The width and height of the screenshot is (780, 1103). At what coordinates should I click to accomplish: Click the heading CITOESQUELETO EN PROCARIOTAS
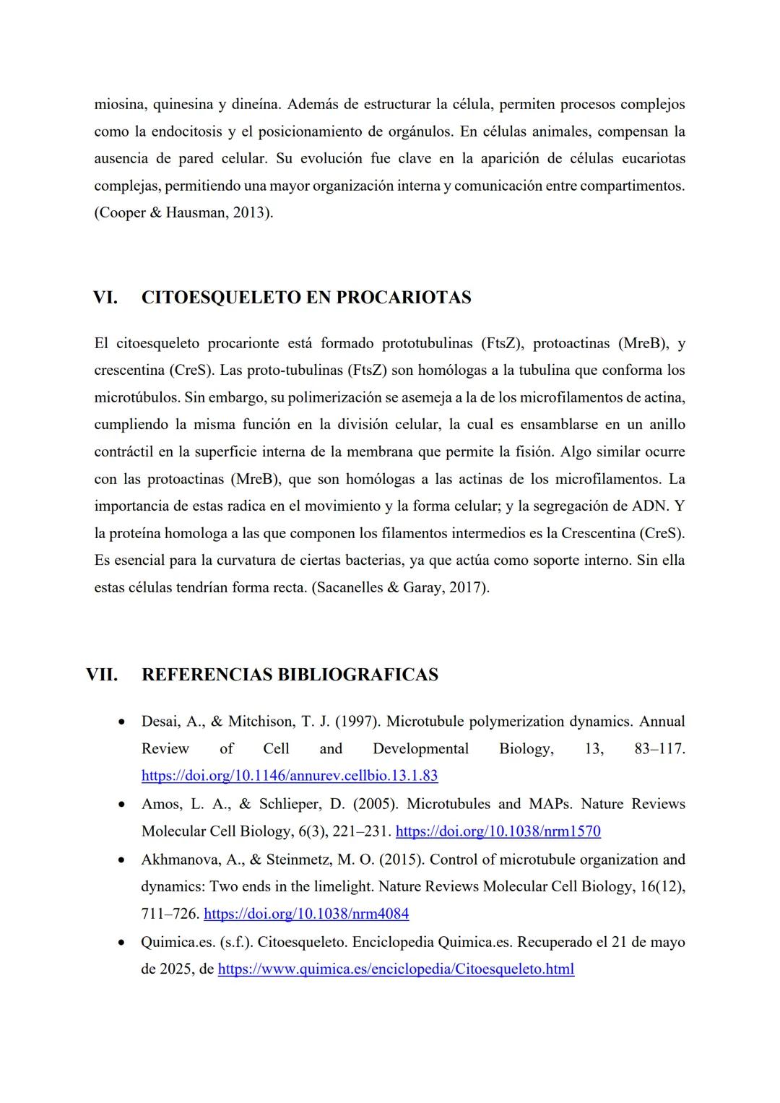[x=306, y=298]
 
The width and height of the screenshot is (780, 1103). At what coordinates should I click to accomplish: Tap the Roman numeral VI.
[x=105, y=298]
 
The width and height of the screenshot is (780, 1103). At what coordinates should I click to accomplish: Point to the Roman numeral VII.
[x=102, y=675]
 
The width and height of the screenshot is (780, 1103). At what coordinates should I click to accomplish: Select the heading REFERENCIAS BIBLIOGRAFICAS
[x=290, y=675]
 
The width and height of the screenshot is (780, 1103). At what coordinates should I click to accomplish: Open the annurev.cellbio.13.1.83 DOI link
[x=290, y=776]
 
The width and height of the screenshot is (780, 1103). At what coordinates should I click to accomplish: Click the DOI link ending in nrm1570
[x=498, y=831]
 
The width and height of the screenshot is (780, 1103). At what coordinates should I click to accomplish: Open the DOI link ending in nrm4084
[x=306, y=914]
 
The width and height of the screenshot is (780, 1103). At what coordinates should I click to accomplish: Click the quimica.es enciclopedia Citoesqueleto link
[x=396, y=969]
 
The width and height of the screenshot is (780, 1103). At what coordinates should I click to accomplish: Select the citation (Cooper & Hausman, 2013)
[x=183, y=213]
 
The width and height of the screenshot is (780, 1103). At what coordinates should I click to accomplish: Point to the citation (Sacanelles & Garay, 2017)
[x=400, y=588]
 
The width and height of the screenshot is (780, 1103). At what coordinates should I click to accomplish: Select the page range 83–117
[x=659, y=749]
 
